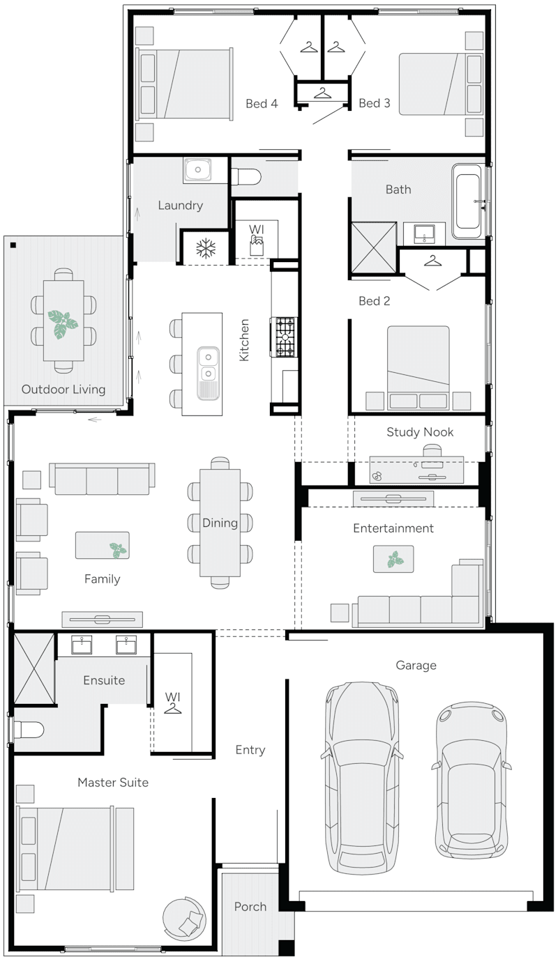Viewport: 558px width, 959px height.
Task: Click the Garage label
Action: click(416, 666)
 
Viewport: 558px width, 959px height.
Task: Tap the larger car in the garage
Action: click(359, 777)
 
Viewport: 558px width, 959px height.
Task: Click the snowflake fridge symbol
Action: click(205, 248)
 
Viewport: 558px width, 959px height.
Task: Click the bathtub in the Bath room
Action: click(467, 201)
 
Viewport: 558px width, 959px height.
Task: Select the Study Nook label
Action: click(420, 432)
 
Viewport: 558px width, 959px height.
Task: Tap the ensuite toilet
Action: click(29, 730)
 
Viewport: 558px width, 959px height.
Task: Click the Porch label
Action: click(250, 907)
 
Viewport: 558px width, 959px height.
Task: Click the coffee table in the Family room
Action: click(102, 545)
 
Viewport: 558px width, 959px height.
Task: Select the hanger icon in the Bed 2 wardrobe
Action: click(432, 261)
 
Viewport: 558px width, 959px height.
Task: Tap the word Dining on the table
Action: click(220, 523)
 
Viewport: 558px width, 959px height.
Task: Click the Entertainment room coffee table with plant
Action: click(393, 559)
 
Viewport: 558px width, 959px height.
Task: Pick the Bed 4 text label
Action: click(262, 104)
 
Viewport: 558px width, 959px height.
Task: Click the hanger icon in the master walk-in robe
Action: click(172, 708)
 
